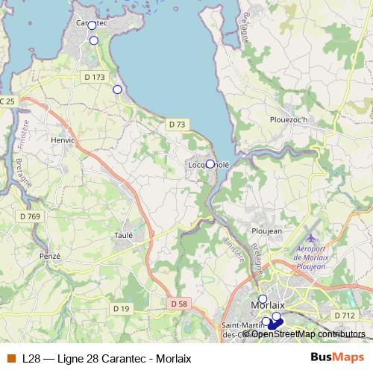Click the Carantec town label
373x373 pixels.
(x=92, y=23)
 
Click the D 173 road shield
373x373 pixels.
(x=95, y=77)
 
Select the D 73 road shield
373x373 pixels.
(x=176, y=124)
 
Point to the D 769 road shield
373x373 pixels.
(x=31, y=216)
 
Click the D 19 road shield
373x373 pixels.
(x=122, y=308)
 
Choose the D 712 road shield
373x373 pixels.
(x=344, y=316)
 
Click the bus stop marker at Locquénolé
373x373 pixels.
(x=210, y=164)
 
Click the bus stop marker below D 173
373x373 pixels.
(x=117, y=90)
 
